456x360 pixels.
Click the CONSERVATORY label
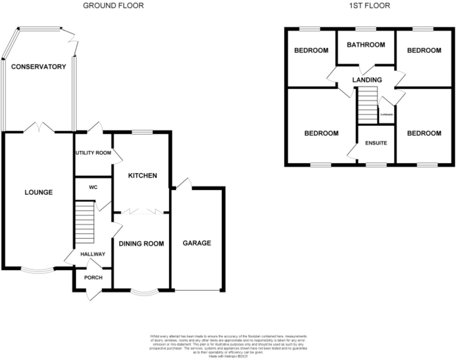click(39, 67)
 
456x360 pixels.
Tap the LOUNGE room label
click(39, 192)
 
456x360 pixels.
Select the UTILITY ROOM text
click(93, 153)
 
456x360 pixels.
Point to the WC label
click(93, 187)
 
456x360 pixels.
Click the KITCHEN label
click(143, 176)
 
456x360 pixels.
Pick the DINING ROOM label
click(141, 244)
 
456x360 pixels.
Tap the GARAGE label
click(197, 243)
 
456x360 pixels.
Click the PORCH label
click(93, 278)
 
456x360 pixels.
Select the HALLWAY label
click(93, 254)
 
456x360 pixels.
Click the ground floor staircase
click(85, 222)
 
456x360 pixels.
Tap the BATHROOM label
click(366, 45)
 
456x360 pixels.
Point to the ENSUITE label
click(376, 143)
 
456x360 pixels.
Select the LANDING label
click(367, 80)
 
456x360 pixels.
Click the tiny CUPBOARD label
click(386, 115)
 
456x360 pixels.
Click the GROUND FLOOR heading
click(113, 6)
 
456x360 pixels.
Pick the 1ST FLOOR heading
click(369, 6)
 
